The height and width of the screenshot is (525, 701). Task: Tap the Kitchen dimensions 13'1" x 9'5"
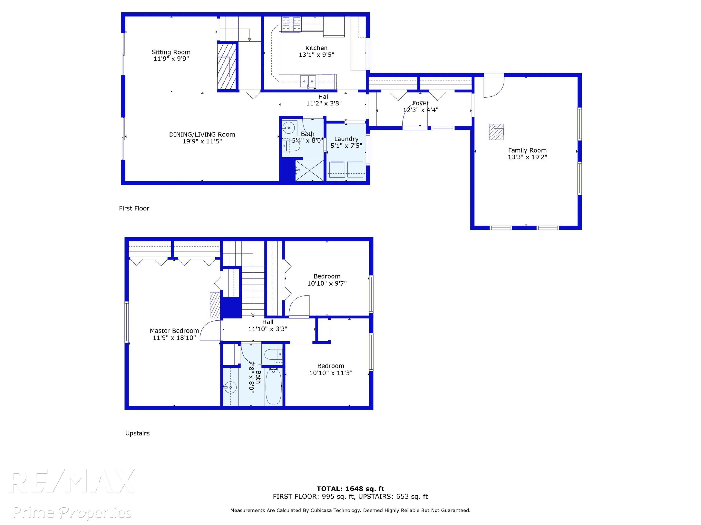pos(316,55)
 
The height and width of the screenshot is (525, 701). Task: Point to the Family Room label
pos(527,150)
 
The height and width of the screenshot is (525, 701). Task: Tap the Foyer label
pos(421,103)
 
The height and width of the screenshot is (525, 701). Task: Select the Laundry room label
pos(346,139)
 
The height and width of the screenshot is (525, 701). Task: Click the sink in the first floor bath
pos(289,128)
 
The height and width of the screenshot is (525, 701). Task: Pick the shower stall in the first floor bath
pos(309,170)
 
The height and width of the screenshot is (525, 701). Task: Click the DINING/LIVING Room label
pos(202,134)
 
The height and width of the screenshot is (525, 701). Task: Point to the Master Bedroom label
pos(174,331)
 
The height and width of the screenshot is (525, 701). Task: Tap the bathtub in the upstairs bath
pos(273,386)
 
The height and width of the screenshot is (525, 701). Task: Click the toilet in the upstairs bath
pos(273,354)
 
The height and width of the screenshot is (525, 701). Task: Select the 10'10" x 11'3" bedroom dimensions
pos(331,373)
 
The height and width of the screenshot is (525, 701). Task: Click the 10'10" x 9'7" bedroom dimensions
pos(327,283)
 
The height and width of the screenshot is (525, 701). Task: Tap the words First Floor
pos(134,208)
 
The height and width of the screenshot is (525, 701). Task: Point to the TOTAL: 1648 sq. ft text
pos(350,489)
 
